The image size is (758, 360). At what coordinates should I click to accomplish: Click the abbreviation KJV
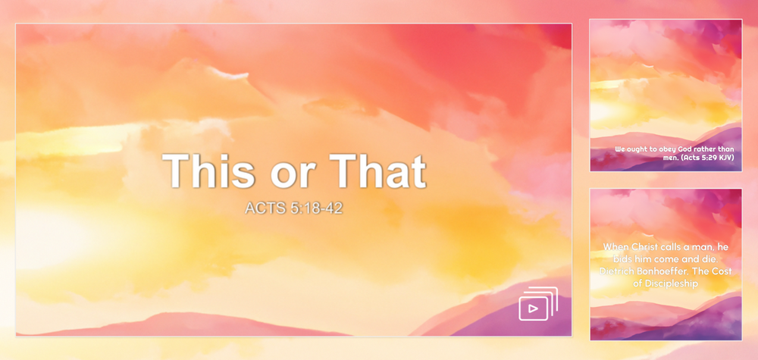point(726,158)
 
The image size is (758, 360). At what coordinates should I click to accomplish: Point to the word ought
point(637,150)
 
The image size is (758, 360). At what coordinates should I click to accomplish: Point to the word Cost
point(721,271)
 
